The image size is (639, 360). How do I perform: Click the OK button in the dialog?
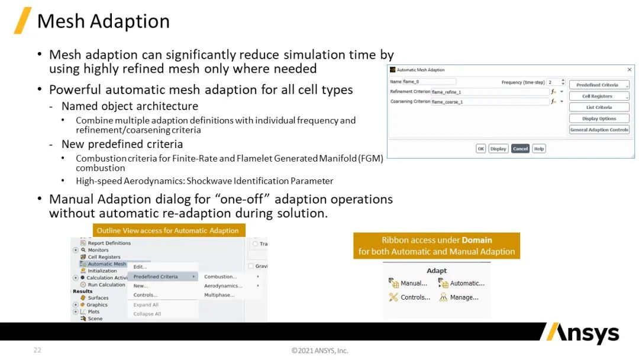[x=481, y=149]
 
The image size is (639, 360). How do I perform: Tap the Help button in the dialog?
[x=539, y=149]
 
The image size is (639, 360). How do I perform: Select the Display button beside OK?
[x=498, y=149]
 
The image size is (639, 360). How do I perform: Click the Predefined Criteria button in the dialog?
[x=599, y=85]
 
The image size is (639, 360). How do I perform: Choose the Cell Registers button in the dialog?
[x=599, y=97]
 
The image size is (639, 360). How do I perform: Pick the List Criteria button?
[x=599, y=107]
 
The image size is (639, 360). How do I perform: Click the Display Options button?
[x=599, y=118]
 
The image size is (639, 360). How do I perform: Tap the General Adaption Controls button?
[x=599, y=130]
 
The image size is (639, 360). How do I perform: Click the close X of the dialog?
[x=629, y=70]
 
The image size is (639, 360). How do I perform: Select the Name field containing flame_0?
[x=429, y=82]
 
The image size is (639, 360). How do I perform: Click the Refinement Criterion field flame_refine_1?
[x=490, y=92]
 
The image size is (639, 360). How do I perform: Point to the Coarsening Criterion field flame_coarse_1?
[x=490, y=102]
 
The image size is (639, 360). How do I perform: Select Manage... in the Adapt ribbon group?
[x=459, y=297]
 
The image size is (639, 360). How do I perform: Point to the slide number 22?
[x=37, y=350]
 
